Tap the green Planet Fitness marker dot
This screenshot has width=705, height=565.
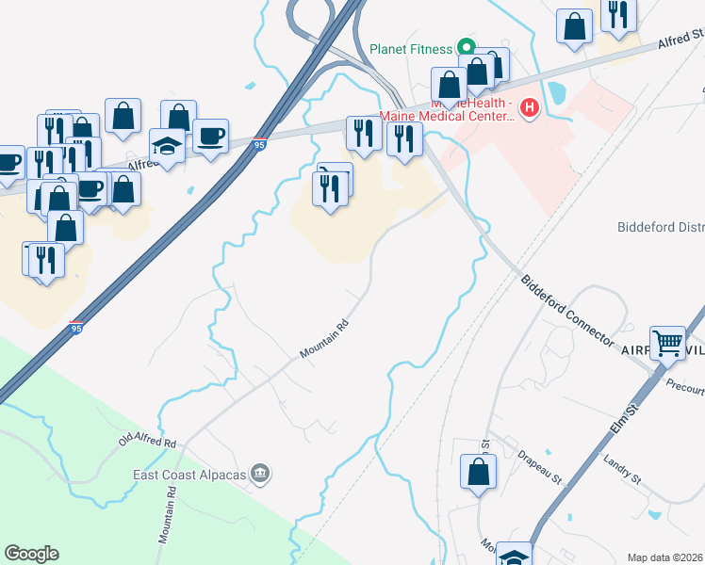pyautogui.click(x=465, y=47)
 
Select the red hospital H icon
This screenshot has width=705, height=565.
pyautogui.click(x=529, y=108)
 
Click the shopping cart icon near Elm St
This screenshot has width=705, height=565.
pyautogui.click(x=667, y=343)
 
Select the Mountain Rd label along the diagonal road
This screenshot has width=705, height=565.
pyautogui.click(x=324, y=339)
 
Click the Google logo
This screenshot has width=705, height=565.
pyautogui.click(x=31, y=554)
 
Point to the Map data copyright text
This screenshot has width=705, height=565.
pyautogui.click(x=664, y=557)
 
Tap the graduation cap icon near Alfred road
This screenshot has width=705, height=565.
pyautogui.click(x=167, y=146)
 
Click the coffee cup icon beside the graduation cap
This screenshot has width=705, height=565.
pyautogui.click(x=210, y=136)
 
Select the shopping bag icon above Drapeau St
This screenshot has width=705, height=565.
pyautogui.click(x=478, y=471)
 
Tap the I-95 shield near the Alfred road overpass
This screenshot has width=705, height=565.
pyautogui.click(x=260, y=143)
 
